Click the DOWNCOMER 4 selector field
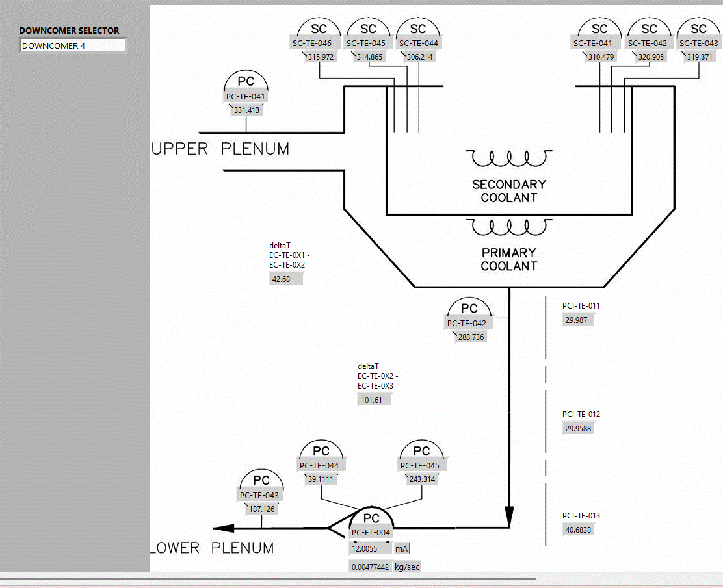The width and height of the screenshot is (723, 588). (72, 45)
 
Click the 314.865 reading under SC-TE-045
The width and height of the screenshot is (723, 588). (369, 57)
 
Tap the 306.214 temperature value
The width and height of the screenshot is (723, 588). (419, 57)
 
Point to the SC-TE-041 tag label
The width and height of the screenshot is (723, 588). (592, 44)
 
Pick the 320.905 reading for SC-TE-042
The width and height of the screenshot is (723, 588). (651, 57)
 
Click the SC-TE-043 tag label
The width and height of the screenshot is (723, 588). (699, 44)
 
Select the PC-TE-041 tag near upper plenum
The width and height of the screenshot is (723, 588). (246, 97)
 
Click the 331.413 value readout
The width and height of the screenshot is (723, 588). (246, 110)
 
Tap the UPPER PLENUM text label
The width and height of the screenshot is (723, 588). (220, 149)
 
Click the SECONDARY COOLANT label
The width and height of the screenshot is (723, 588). (509, 191)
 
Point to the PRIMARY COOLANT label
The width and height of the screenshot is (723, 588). (509, 259)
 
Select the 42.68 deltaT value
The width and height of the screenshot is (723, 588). (285, 279)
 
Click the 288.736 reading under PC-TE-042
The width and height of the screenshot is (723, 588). (471, 337)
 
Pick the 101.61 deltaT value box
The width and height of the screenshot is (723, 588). (375, 400)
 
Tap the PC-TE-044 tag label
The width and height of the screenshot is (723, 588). (319, 465)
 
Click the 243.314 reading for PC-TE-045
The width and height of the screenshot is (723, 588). (422, 479)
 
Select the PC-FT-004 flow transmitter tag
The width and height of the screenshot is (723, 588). (371, 533)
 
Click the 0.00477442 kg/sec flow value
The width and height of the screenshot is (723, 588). (371, 567)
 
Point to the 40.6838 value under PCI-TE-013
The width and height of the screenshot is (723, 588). (579, 530)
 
